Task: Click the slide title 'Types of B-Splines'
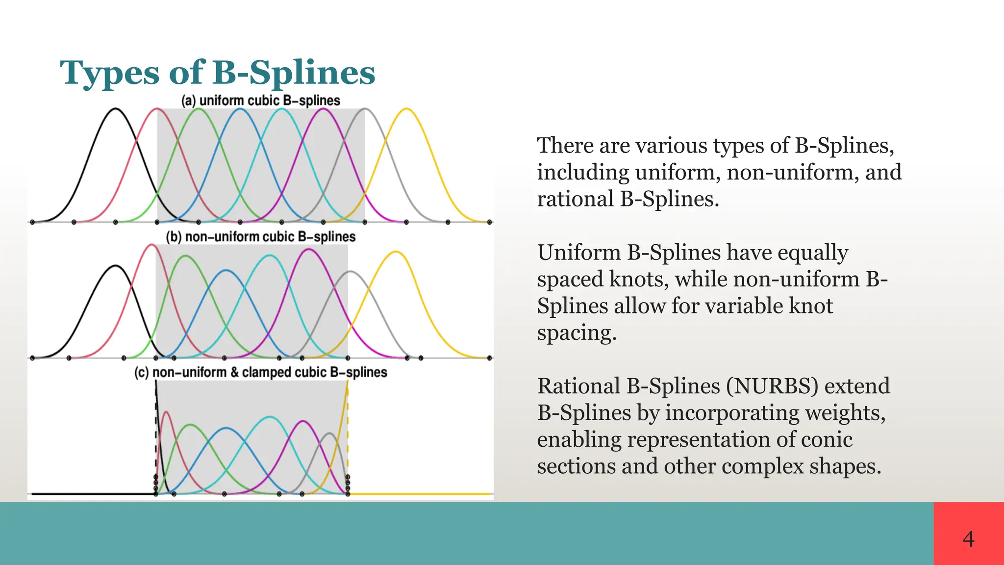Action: point(217,73)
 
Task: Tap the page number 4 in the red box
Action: point(968,539)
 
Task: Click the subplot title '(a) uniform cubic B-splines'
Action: point(260,101)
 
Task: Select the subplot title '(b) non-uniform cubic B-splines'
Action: point(260,237)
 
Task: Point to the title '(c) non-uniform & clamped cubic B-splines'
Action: point(260,372)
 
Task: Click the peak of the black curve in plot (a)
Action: point(115,109)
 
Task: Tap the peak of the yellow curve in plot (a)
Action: point(406,109)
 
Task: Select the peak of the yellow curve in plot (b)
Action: point(396,252)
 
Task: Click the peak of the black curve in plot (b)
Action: point(115,266)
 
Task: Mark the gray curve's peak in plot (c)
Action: point(329,434)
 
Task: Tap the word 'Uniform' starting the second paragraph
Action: point(580,253)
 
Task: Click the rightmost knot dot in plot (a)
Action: point(489,222)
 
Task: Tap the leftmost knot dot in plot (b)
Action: point(32,358)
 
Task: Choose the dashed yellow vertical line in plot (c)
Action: point(348,432)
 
